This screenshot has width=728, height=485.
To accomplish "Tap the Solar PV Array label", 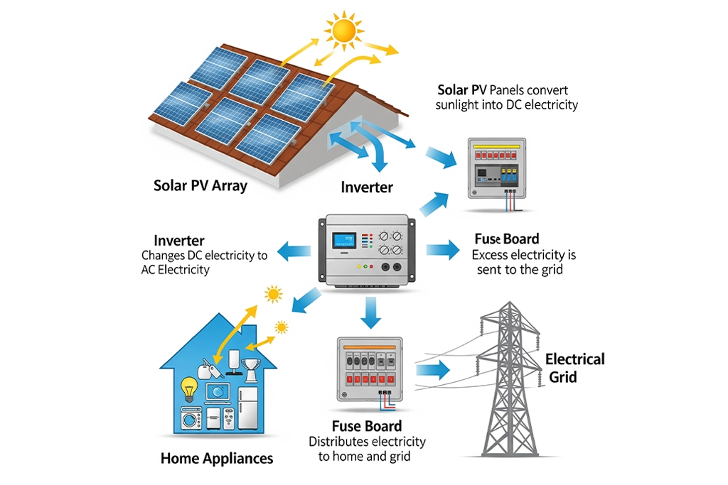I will click(x=200, y=186).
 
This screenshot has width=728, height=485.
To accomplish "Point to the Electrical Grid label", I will click(x=574, y=368).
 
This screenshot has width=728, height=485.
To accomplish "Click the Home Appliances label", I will click(x=217, y=458).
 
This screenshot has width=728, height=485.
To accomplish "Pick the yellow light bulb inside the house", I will click(x=189, y=388).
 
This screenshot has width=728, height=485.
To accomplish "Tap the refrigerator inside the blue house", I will click(x=247, y=408).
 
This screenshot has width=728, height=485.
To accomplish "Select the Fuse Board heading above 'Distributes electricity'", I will click(x=367, y=427).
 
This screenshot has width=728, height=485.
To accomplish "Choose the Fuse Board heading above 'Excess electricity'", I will click(x=506, y=239).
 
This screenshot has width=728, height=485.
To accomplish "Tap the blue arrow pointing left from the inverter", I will click(x=293, y=249).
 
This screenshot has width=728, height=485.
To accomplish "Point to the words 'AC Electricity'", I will click(x=176, y=270).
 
